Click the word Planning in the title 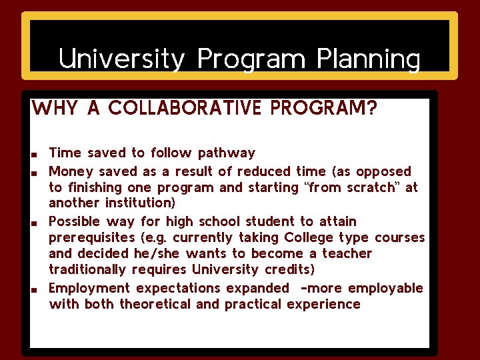click(369, 59)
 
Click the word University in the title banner click(121, 59)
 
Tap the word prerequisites click(90, 238)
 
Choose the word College click(309, 237)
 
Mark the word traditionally click(87, 270)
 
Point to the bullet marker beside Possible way click(33, 223)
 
